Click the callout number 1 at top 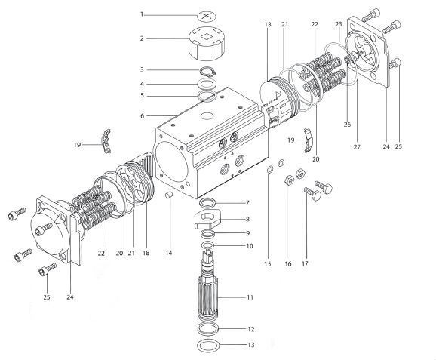tap(141, 14)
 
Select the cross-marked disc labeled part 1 tap(207, 14)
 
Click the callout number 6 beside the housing tap(141, 115)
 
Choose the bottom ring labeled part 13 tap(207, 346)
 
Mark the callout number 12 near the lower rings tap(250, 329)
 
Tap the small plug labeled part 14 tap(170, 196)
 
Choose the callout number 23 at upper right tap(339, 24)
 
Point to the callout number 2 tap(141, 38)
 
